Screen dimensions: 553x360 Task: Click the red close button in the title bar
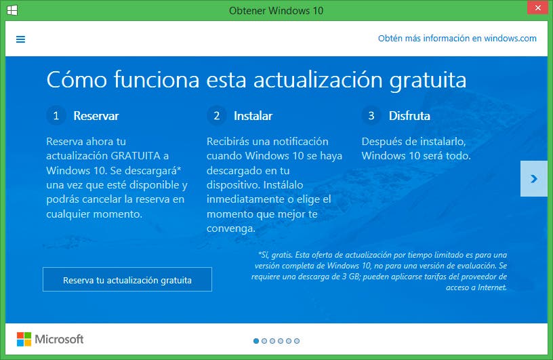pos(537,7)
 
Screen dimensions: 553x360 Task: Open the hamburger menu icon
pos(21,39)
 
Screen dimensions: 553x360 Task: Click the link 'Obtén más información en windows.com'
pos(457,38)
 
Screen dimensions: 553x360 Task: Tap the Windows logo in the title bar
pos(12,10)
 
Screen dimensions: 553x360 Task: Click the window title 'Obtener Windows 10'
pos(276,11)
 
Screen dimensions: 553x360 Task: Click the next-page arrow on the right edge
pos(534,178)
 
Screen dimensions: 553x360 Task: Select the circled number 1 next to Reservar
pos(56,115)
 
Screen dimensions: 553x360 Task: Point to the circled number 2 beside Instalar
pos(217,115)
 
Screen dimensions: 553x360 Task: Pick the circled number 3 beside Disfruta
pos(371,115)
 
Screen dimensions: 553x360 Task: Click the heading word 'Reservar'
pos(96,116)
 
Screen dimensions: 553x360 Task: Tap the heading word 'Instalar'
pos(253,116)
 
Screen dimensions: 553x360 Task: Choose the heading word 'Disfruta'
pos(409,116)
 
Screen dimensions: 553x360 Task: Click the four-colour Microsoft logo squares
pos(24,339)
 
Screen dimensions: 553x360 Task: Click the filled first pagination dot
pos(256,341)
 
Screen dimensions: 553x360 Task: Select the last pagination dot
pos(297,341)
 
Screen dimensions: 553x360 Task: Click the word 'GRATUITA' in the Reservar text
pos(136,156)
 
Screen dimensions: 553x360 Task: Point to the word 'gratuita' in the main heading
pos(428,80)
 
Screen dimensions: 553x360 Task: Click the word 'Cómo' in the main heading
pos(77,79)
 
